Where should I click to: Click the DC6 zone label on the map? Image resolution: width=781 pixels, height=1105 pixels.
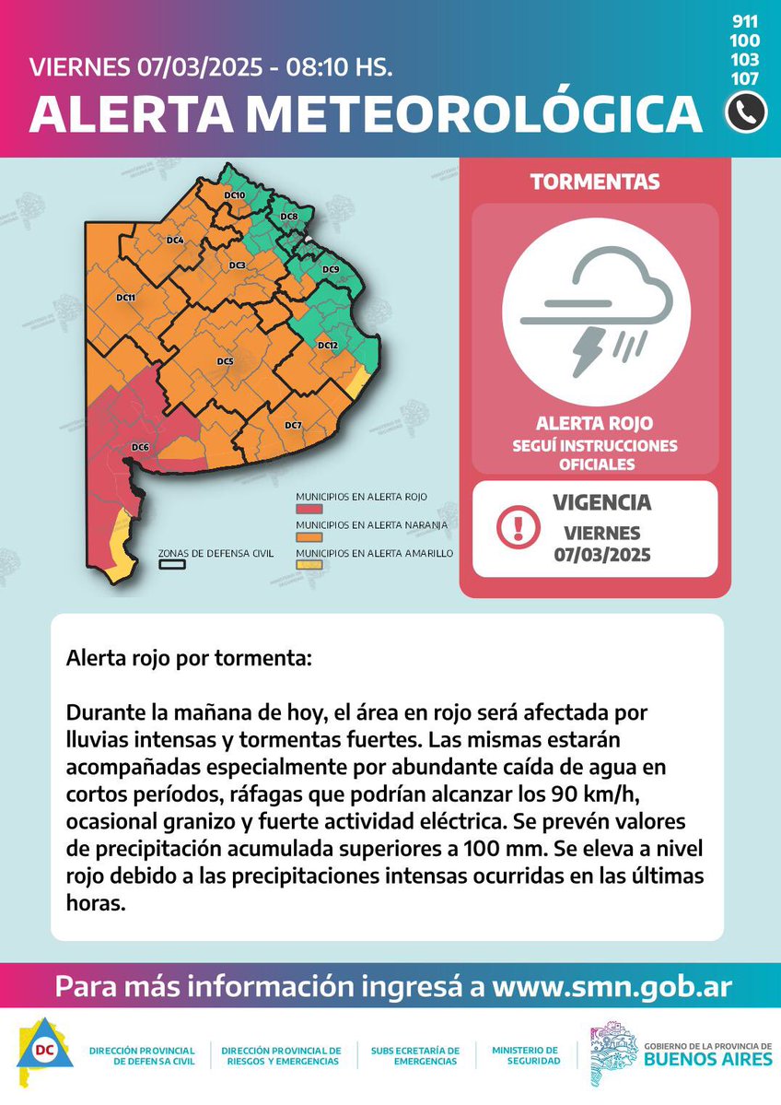(x=140, y=448)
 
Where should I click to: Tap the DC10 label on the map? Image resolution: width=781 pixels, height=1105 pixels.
(x=234, y=196)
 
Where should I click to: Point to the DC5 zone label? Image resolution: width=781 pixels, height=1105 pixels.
(x=225, y=361)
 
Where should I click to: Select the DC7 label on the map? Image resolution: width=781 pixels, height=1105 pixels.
(x=293, y=425)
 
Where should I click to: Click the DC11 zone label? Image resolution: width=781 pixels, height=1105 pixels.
(x=126, y=298)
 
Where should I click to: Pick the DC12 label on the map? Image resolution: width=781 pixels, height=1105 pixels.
(x=328, y=345)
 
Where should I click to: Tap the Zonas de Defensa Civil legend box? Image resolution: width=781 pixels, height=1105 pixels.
(x=171, y=565)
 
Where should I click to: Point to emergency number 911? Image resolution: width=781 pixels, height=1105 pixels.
(x=745, y=21)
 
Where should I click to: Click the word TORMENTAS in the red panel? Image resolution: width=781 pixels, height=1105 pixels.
(x=595, y=182)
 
